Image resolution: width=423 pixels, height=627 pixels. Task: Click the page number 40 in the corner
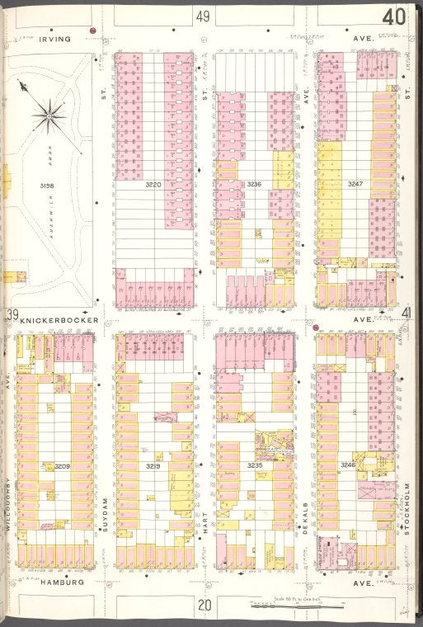click(393, 16)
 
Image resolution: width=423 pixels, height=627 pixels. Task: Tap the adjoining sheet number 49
click(203, 16)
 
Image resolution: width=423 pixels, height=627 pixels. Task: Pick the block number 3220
click(153, 185)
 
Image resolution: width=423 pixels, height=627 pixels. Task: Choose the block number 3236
click(254, 185)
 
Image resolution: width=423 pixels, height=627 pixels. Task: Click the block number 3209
click(63, 466)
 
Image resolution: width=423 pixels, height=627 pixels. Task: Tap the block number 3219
click(153, 466)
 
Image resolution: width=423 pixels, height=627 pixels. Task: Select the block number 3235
click(254, 466)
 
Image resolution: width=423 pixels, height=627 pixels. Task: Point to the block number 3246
click(348, 466)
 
